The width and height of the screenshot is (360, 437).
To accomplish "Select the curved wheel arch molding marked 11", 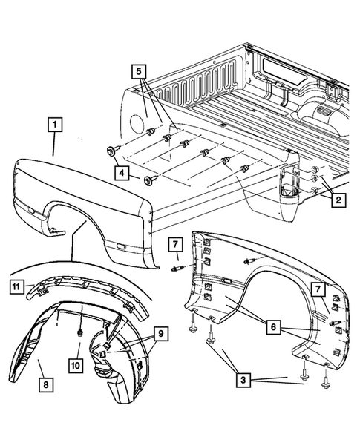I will point(82,289).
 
